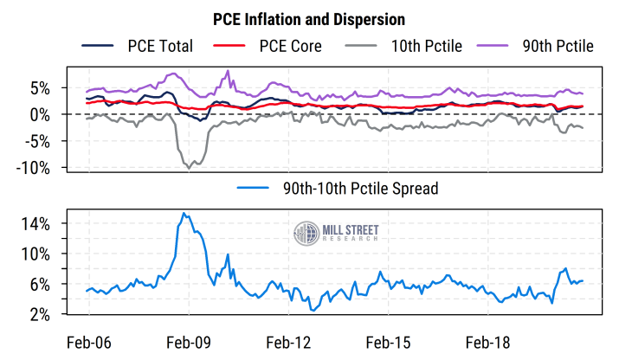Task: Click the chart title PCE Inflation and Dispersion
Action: [x=309, y=18]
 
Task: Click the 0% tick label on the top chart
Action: [x=42, y=114]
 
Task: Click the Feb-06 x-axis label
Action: [x=89, y=342]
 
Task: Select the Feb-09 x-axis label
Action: [x=189, y=342]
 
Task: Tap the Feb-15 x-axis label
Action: [x=389, y=342]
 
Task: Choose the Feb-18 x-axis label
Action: [x=489, y=342]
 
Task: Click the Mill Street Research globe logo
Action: [x=306, y=234]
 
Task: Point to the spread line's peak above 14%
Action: [x=183, y=213]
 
